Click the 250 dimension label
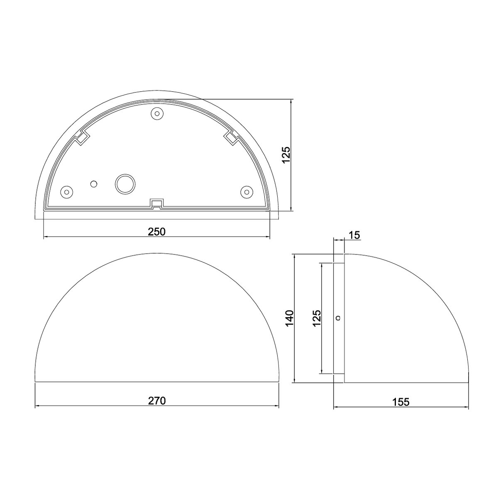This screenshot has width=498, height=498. (156, 232)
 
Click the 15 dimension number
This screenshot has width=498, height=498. (354, 235)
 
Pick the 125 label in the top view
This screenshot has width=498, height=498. (286, 155)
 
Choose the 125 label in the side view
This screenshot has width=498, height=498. (317, 318)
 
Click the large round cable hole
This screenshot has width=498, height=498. (125, 184)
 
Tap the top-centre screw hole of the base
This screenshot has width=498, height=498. (157, 113)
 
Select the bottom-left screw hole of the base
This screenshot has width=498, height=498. (66, 192)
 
